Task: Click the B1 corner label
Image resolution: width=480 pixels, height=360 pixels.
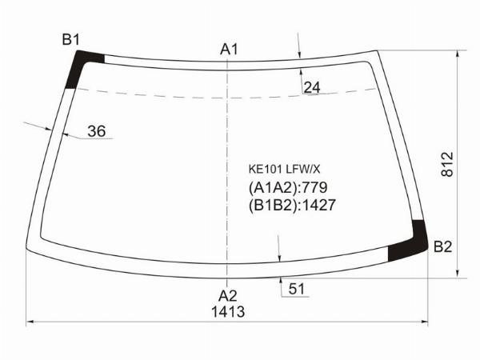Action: click(x=70, y=40)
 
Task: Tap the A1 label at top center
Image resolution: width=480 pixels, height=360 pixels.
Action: click(x=229, y=49)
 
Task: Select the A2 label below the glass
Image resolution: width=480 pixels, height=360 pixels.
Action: click(x=228, y=296)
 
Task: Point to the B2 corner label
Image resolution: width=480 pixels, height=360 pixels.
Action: click(x=442, y=246)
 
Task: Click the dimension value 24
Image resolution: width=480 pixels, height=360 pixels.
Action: click(x=312, y=87)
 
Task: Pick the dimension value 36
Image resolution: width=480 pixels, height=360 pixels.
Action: click(x=97, y=131)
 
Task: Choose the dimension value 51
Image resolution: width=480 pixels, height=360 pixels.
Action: click(x=296, y=289)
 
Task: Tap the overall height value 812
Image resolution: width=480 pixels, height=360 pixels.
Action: click(x=447, y=164)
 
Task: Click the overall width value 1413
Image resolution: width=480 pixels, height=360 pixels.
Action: click(x=228, y=312)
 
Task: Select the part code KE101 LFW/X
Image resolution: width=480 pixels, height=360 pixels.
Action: click(x=284, y=170)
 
